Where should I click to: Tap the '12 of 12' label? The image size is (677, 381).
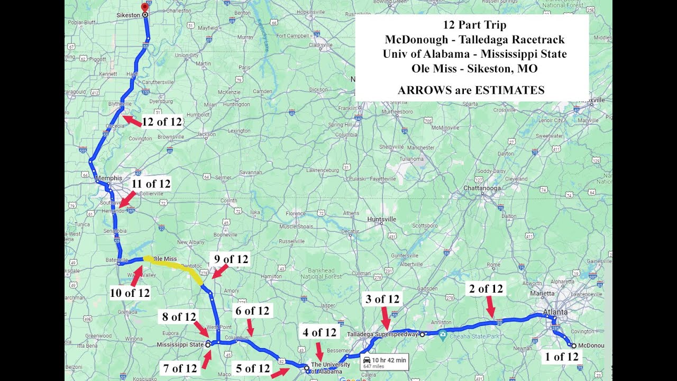coord(162,122)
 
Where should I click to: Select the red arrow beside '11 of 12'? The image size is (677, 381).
coord(127,200)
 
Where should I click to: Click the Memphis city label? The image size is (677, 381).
coord(109,178)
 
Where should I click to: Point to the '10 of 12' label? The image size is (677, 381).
coord(130,293)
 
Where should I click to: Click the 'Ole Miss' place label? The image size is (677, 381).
coord(165,259)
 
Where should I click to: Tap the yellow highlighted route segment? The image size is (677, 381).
coord(175,266)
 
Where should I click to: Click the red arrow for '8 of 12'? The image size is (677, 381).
coord(201,329)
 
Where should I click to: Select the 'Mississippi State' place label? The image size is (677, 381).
coord(180,344)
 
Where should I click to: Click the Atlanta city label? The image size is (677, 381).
coord(555,312)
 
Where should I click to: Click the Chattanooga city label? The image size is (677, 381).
coord(482,188)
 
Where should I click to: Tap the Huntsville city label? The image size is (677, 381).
coord(382,219)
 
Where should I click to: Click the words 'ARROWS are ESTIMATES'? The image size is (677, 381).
coord(471,90)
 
